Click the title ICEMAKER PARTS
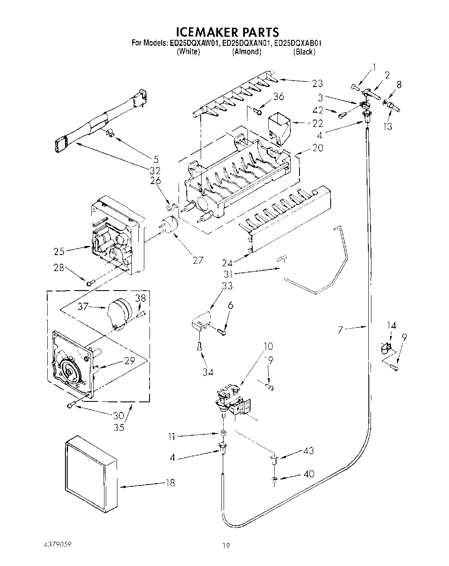tap(227, 32)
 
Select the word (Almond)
tap(247, 52)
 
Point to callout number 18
tap(170, 482)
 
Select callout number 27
tap(198, 260)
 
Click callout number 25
tap(59, 251)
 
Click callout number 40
tap(309, 474)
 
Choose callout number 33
tap(227, 286)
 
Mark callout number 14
tap(391, 325)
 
